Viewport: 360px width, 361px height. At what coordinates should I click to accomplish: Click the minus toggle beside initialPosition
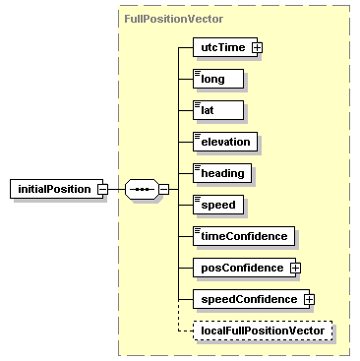[101, 188]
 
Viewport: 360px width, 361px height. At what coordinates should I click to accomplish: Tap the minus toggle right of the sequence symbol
[164, 188]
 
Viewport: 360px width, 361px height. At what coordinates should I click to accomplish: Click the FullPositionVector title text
[173, 18]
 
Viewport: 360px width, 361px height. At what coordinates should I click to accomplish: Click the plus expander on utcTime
[257, 47]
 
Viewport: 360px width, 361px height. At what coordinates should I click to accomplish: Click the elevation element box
[226, 142]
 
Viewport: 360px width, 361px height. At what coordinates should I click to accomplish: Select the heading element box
[222, 173]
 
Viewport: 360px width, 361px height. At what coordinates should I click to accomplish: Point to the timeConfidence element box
[244, 236]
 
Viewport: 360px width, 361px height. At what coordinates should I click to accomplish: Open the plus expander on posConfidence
[294, 268]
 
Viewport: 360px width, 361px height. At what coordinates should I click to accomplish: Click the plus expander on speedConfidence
[308, 299]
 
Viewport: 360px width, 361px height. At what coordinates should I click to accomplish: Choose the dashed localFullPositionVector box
[262, 331]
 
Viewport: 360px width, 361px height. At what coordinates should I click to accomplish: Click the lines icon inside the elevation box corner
[198, 135]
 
